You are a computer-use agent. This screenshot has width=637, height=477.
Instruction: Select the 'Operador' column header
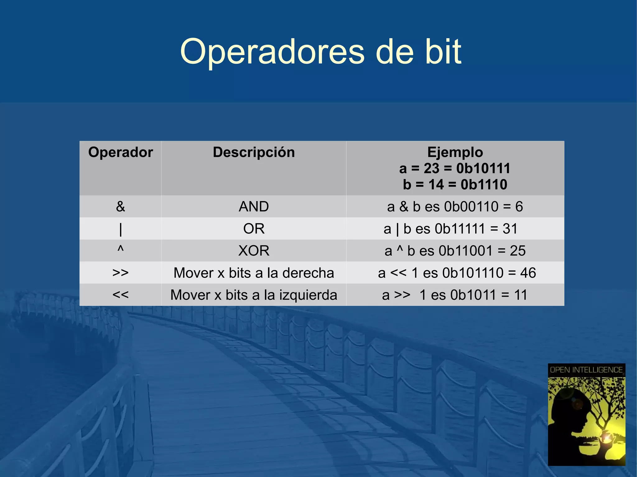(120, 152)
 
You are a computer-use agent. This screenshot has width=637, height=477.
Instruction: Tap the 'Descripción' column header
(254, 152)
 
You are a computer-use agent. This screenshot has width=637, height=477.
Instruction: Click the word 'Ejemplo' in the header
(455, 152)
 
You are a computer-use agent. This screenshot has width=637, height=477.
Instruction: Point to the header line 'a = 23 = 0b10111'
(455, 168)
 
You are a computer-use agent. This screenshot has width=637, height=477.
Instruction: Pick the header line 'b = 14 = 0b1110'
(455, 185)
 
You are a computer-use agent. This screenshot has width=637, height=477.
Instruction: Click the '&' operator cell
(120, 207)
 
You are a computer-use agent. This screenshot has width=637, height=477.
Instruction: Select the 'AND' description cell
(254, 207)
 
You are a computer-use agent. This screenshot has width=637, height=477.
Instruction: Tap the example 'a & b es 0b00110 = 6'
(455, 207)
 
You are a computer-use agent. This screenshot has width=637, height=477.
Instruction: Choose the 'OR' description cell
(254, 229)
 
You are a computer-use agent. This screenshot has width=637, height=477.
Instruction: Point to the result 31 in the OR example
(510, 229)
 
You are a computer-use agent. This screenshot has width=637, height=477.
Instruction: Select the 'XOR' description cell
(254, 251)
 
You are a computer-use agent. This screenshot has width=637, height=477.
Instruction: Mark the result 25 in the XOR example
(518, 251)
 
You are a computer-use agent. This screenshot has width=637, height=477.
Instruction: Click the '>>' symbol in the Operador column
(120, 273)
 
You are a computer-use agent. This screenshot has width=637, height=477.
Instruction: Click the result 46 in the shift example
(528, 273)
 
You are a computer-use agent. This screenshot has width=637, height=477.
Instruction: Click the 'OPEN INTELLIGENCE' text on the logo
(586, 370)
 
